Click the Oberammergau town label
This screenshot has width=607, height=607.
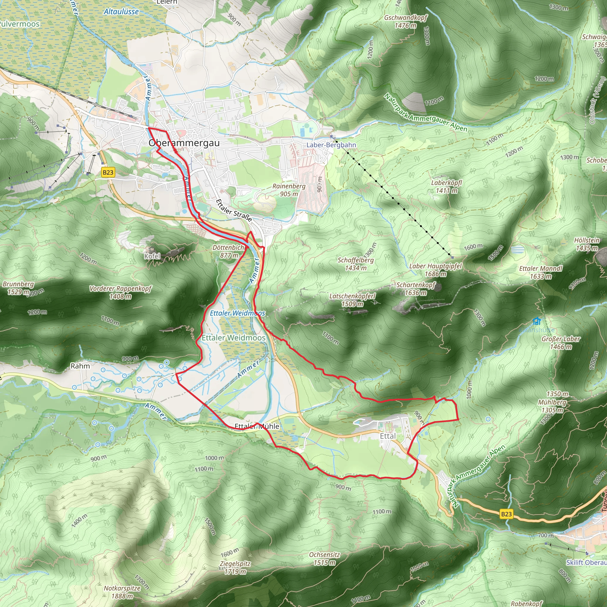pyautogui.click(x=184, y=143)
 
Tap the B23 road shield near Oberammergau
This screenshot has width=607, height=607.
pyautogui.click(x=108, y=172)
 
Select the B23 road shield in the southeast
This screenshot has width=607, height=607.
pyautogui.click(x=506, y=514)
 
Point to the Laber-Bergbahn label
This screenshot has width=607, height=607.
pyautogui.click(x=331, y=145)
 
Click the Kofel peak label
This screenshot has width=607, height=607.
pyautogui.click(x=152, y=256)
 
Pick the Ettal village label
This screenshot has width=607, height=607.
pyautogui.click(x=388, y=436)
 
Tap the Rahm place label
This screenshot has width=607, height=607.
pyautogui.click(x=80, y=366)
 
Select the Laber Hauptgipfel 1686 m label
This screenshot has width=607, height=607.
pyautogui.click(x=435, y=270)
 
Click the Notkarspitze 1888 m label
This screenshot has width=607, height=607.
pyautogui.click(x=122, y=592)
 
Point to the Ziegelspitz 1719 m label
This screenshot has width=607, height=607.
pyautogui.click(x=235, y=567)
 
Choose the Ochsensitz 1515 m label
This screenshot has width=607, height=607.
pyautogui.click(x=325, y=559)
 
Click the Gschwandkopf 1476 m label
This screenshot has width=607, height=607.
pyautogui.click(x=406, y=21)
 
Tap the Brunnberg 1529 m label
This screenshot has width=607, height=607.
pyautogui.click(x=18, y=288)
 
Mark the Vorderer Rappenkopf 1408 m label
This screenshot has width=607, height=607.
pyautogui.click(x=120, y=292)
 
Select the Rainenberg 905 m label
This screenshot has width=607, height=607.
pyautogui.click(x=289, y=190)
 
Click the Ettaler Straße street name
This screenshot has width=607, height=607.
pyautogui.click(x=234, y=210)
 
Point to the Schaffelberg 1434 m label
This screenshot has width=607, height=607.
pyautogui.click(x=356, y=264)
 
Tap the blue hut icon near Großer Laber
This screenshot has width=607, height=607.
pyautogui.click(x=537, y=321)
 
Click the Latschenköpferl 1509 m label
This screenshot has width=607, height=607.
pyautogui.click(x=352, y=300)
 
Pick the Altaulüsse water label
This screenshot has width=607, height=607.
pyautogui.click(x=121, y=12)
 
